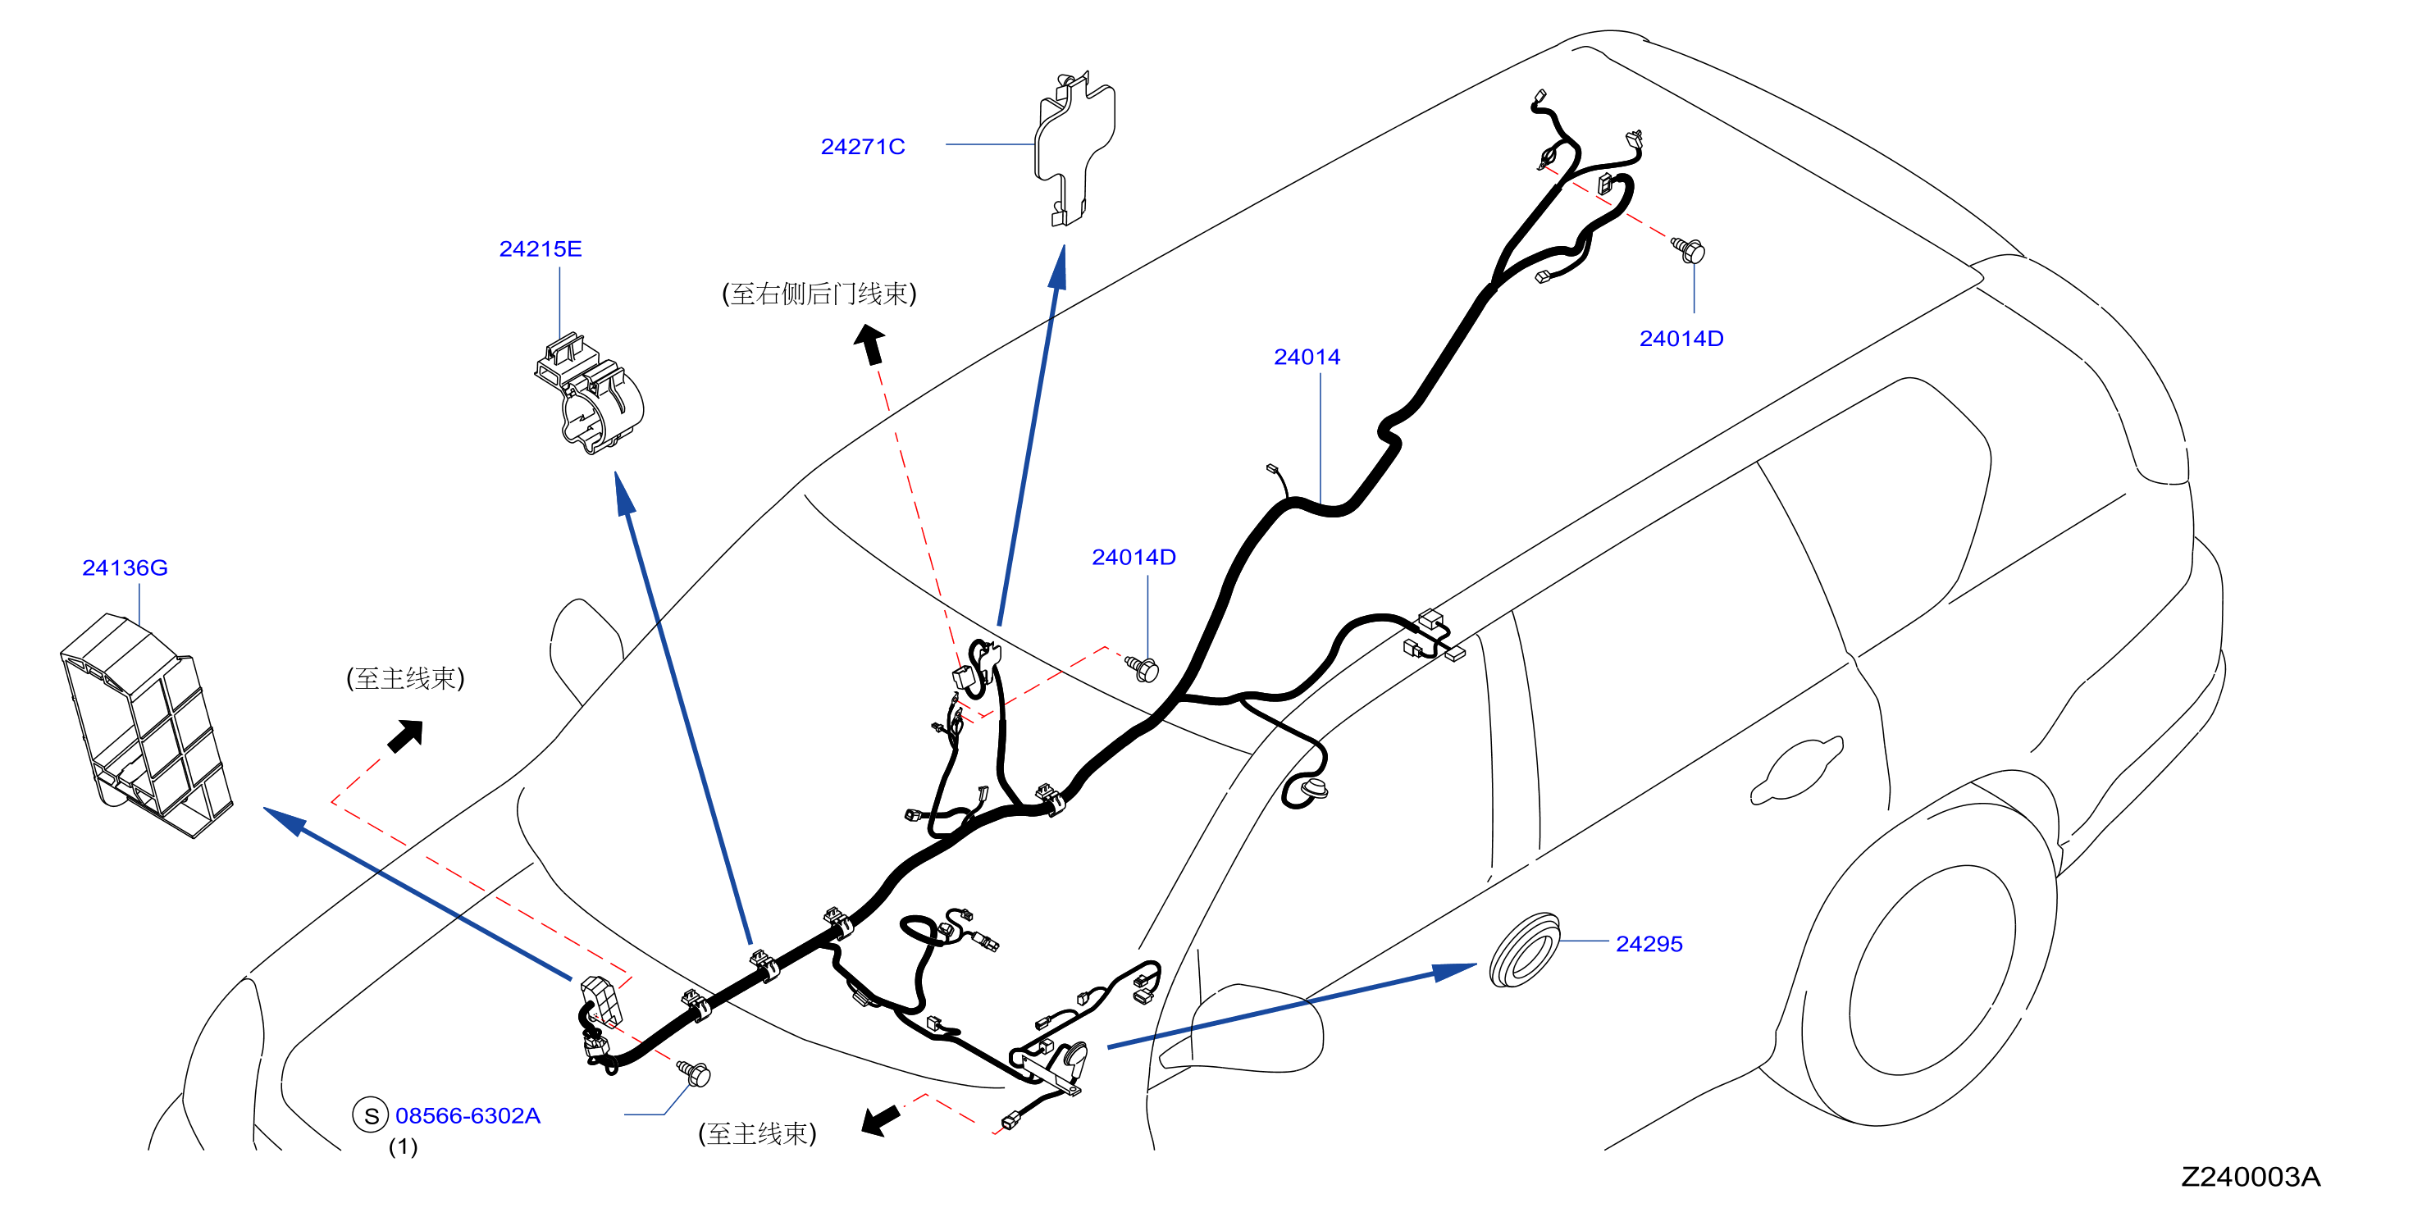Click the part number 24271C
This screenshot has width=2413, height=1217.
(862, 147)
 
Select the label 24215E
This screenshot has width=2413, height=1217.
(540, 249)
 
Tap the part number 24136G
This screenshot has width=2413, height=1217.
(125, 567)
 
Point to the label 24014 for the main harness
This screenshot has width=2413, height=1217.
(1306, 357)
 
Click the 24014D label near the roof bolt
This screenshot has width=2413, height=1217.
(1681, 340)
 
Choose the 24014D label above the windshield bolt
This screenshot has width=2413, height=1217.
(1134, 558)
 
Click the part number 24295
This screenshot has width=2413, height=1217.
(1649, 945)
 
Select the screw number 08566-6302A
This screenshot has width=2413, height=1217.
(468, 1116)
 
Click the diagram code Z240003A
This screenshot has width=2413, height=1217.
(2250, 1178)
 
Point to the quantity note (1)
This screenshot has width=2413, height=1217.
(403, 1147)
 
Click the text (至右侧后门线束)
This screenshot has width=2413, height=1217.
(819, 294)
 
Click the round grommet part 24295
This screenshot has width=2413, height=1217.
(1524, 950)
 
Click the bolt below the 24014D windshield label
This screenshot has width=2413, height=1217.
(1143, 669)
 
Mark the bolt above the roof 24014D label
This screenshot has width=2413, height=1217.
(1690, 250)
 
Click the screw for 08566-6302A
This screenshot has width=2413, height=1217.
(695, 1073)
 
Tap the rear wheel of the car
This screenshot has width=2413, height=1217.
(1930, 969)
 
